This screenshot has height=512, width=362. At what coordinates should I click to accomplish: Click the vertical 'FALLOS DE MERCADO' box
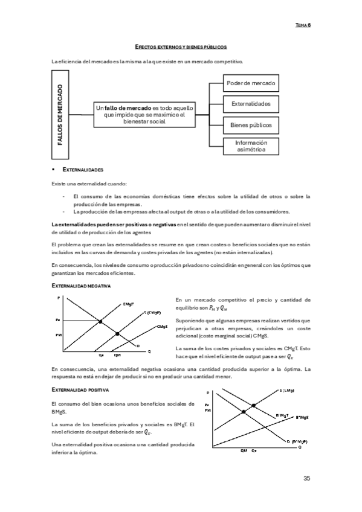[60, 113]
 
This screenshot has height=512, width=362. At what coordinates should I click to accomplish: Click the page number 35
[306, 479]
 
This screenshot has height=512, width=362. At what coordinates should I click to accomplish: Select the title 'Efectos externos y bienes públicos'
[181, 46]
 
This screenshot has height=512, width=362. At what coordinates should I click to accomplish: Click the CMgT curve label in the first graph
[128, 304]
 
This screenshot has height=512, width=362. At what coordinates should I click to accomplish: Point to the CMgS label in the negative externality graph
[161, 327]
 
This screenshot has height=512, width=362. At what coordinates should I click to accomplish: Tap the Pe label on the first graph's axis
[58, 320]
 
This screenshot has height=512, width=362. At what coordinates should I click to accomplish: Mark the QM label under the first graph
[118, 356]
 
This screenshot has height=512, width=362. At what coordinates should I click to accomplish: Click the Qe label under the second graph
[254, 450]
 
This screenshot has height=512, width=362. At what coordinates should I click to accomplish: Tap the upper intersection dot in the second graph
[253, 405]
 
